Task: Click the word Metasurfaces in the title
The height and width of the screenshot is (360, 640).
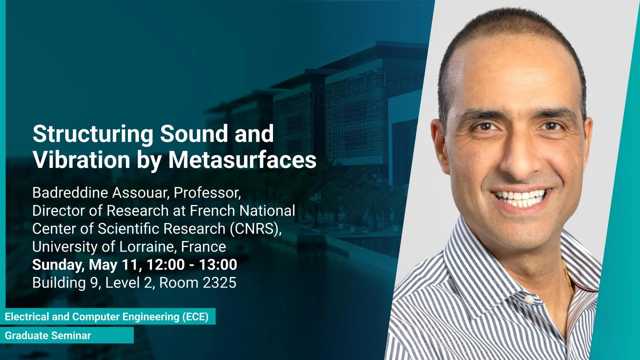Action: [242, 159]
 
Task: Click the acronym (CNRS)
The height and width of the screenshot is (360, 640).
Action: [255, 228]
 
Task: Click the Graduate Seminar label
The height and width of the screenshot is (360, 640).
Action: [48, 335]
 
